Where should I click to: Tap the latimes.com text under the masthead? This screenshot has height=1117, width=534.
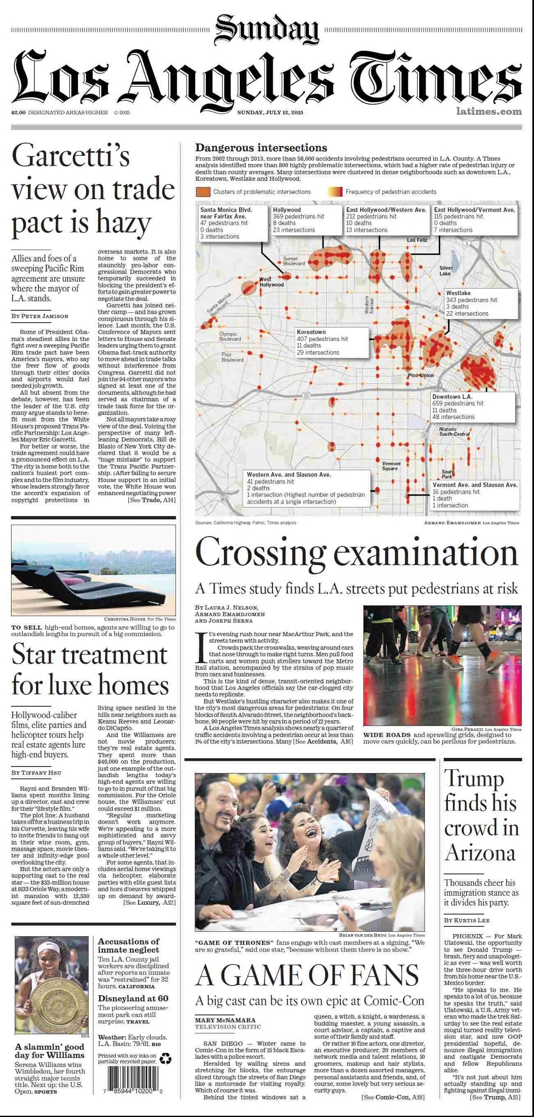point(488,111)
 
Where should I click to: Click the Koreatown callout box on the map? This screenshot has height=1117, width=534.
point(332,342)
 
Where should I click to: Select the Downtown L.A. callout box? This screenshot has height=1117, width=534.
point(472,407)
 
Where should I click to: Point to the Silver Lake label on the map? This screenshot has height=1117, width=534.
point(445,271)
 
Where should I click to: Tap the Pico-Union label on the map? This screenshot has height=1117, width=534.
point(420,375)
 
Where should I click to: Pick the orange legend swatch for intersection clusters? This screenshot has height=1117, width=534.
point(203,192)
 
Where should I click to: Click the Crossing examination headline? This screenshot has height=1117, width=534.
point(356,553)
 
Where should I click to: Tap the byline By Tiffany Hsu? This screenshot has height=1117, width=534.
point(37,772)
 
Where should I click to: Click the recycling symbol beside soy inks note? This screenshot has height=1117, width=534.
point(165,1058)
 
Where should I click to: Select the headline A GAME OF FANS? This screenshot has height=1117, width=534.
point(307,975)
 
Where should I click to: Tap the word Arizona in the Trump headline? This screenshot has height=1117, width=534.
point(480,853)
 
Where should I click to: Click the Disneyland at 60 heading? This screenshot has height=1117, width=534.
point(133,998)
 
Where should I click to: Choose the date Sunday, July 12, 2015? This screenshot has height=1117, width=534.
point(270,112)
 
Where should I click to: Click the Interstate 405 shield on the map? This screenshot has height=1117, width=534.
point(224,499)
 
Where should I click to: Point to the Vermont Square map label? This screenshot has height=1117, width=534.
point(391,466)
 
